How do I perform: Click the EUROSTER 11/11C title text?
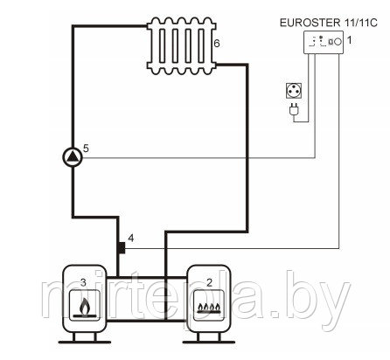329,23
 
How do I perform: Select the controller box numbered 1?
324,42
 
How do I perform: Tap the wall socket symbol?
293,91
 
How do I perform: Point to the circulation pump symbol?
73,157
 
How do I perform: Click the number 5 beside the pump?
86,149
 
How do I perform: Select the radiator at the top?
182,45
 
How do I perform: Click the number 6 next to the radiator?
217,44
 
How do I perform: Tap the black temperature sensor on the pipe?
121,248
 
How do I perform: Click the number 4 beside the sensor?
131,239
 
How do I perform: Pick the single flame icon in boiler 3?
85,307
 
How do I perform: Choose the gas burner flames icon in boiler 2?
209,308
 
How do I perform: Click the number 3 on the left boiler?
83,282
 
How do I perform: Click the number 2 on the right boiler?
209,282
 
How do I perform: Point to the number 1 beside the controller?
350,40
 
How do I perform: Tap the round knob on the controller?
338,42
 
